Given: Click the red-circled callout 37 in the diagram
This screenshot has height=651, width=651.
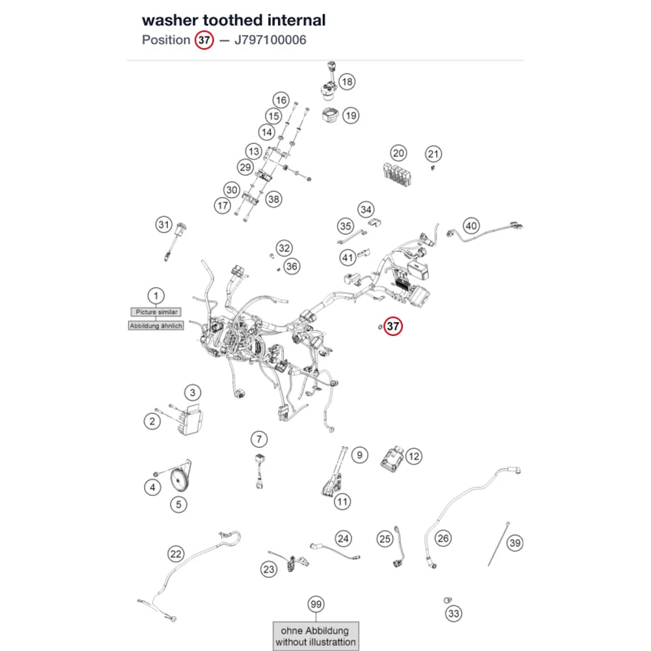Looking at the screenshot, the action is pos(393,326).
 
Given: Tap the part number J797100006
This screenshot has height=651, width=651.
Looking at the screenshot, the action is pos(270,40).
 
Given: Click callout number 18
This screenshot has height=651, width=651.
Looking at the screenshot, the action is pos(347,81).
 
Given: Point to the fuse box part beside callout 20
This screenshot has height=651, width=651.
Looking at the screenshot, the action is pos(397,174).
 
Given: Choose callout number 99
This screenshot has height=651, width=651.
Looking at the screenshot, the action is pos(316,604).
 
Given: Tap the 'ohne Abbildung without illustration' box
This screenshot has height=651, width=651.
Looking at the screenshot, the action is pos(316,636).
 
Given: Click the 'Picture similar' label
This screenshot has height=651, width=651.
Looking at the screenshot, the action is pos(156,312).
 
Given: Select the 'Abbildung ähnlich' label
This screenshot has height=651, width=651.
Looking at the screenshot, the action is pos(156,326).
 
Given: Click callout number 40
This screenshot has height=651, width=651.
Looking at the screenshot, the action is pos(471,226).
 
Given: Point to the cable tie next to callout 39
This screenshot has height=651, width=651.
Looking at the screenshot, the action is pos(498,544).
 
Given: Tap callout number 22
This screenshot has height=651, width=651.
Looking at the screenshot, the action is pos(176,554).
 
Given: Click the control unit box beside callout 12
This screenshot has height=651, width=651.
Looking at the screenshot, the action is pos(392,458).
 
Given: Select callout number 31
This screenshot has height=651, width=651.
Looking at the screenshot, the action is pos(164,225).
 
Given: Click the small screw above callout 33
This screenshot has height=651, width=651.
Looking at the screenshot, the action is pos(447,600).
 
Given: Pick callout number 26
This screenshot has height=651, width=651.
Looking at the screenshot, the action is pos(443,538).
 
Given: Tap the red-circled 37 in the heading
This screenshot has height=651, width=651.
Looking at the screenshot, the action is pos(204,40).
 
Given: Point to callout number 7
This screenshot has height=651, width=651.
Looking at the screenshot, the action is pos(259,439).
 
